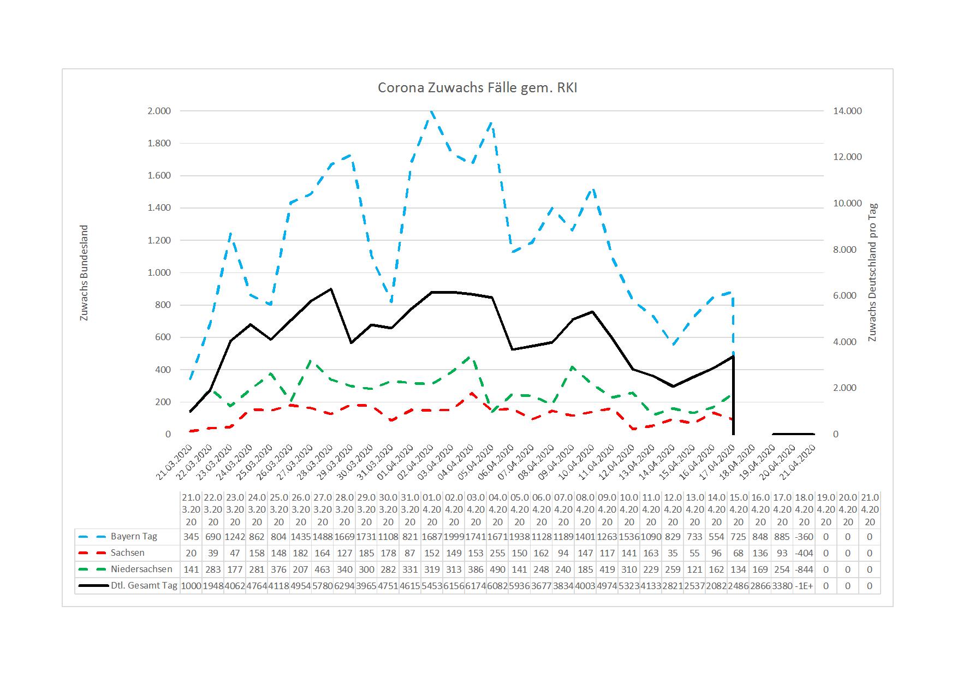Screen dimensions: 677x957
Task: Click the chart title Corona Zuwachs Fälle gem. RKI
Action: coord(477,88)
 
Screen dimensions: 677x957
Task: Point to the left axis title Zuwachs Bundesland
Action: coord(84,272)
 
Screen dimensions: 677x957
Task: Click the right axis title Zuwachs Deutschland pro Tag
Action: coord(872,272)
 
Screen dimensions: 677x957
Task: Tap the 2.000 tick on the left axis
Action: coord(159,111)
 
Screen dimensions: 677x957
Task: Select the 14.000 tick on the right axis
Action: coord(847,111)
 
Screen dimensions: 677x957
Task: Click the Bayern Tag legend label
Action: coord(134,536)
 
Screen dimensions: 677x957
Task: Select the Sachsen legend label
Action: coord(127,553)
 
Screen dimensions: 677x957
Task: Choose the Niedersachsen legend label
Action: coord(141,569)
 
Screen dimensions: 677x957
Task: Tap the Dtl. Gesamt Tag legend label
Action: coord(144,586)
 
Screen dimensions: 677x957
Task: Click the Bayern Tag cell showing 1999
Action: coord(454,536)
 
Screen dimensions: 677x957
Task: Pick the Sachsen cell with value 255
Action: coord(498,553)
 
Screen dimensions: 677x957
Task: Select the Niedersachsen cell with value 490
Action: coord(498,569)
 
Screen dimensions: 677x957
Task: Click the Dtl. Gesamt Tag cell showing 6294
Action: coord(344,586)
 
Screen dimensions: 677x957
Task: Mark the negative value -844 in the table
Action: coord(804,569)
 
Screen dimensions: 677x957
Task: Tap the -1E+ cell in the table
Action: coord(804,586)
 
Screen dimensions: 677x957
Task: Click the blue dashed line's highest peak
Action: coord(431,112)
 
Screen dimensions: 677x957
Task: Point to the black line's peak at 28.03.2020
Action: coord(331,289)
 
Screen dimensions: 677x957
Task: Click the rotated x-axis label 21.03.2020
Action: coord(175,461)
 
